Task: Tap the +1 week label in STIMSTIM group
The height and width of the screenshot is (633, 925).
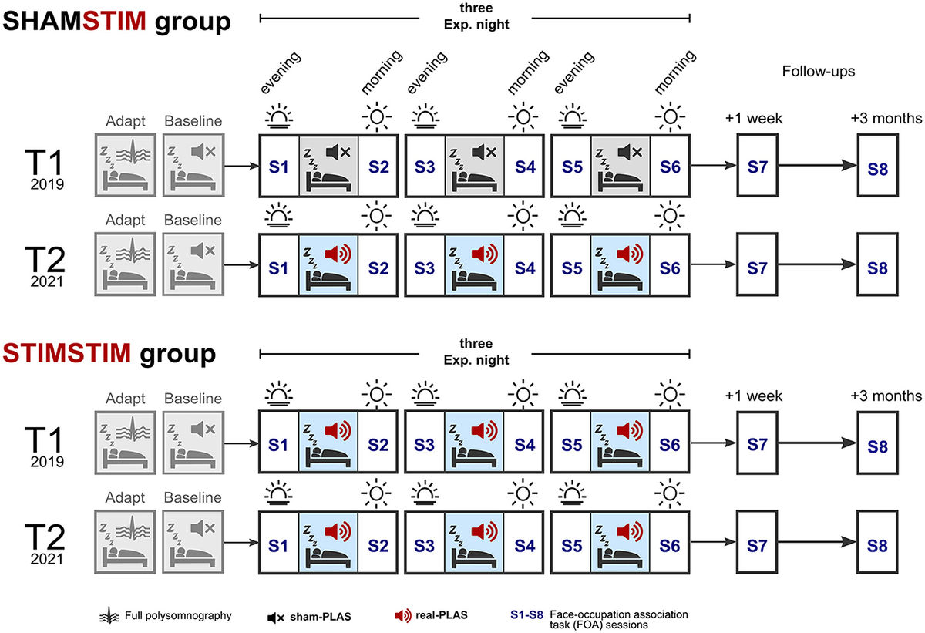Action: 754,396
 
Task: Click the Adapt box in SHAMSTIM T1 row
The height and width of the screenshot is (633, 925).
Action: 125,166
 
